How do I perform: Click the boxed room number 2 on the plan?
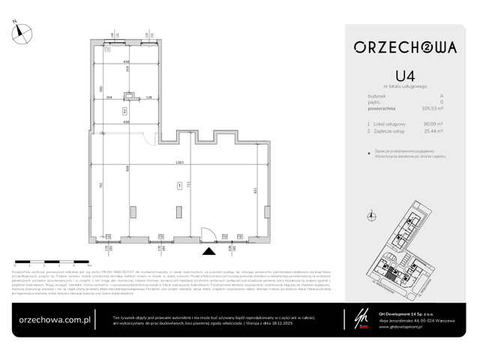tap(125, 109)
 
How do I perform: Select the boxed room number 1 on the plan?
tap(178, 184)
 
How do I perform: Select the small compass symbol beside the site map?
tap(374, 217)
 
